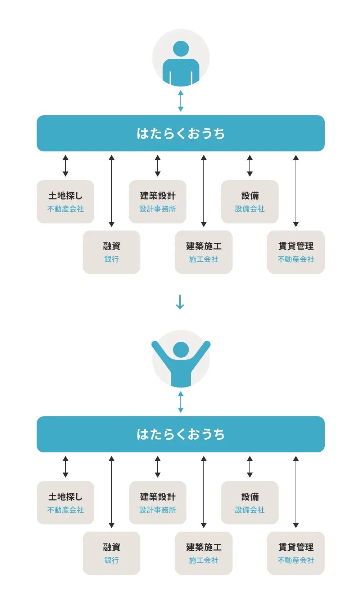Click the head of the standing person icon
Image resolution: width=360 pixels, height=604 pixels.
181,48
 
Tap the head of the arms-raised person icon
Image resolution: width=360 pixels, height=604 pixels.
181,349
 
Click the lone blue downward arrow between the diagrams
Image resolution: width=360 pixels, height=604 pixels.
180,302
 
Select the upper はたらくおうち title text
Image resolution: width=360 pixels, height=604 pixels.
181,133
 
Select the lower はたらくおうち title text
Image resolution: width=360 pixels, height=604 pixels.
181,434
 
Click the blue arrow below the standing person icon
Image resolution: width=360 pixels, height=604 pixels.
181,101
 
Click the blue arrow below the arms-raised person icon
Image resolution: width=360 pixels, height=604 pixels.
181,402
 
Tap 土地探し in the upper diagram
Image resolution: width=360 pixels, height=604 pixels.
66,196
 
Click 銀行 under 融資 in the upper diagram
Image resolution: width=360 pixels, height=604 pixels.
112,259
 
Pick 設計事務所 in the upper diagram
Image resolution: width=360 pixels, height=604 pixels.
158,209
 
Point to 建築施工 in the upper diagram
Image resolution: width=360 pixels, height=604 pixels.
204,246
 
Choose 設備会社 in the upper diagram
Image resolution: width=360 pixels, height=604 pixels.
250,209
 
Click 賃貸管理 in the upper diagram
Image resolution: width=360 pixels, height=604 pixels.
296,246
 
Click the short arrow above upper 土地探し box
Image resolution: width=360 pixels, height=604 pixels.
66,166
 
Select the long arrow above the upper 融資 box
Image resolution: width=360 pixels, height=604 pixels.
112,191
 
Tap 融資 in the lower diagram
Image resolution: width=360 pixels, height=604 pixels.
112,547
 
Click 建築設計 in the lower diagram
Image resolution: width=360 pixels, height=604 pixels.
158,497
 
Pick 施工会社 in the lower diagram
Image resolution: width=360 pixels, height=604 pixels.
204,560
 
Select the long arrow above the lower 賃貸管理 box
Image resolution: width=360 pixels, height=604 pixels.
296,492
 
